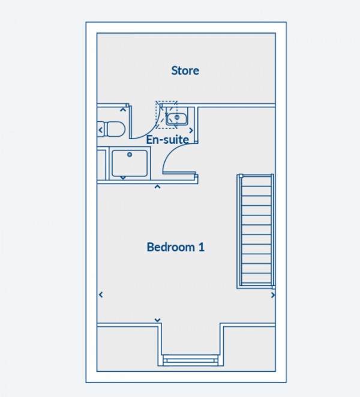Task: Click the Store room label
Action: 185,71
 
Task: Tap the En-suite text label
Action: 168,140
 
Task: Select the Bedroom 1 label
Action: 175,247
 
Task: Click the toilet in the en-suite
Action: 112,128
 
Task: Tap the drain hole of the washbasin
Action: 177,118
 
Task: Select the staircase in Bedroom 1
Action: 257,231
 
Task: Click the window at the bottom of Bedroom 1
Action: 190,360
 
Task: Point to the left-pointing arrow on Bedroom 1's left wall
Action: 100,294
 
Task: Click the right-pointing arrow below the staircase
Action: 273,295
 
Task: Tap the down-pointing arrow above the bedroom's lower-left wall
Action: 157,320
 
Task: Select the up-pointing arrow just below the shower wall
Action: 157,187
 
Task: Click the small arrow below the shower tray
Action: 123,178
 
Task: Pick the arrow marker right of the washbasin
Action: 191,130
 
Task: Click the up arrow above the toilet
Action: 124,109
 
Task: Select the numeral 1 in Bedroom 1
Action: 202,247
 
